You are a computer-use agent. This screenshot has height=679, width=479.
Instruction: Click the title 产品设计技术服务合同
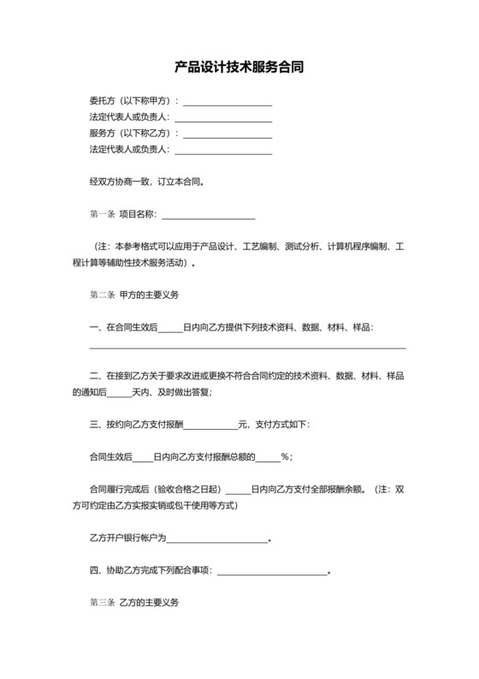[239, 65]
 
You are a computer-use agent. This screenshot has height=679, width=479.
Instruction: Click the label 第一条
[102, 214]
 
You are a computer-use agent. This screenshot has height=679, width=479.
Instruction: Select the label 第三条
[102, 603]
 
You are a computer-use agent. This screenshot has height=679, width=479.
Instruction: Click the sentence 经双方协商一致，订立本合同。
[147, 182]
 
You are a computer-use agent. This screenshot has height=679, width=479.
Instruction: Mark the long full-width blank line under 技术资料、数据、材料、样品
[248, 348]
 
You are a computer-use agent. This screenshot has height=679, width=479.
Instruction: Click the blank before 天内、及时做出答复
[119, 392]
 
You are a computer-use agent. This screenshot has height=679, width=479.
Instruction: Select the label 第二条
[102, 295]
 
